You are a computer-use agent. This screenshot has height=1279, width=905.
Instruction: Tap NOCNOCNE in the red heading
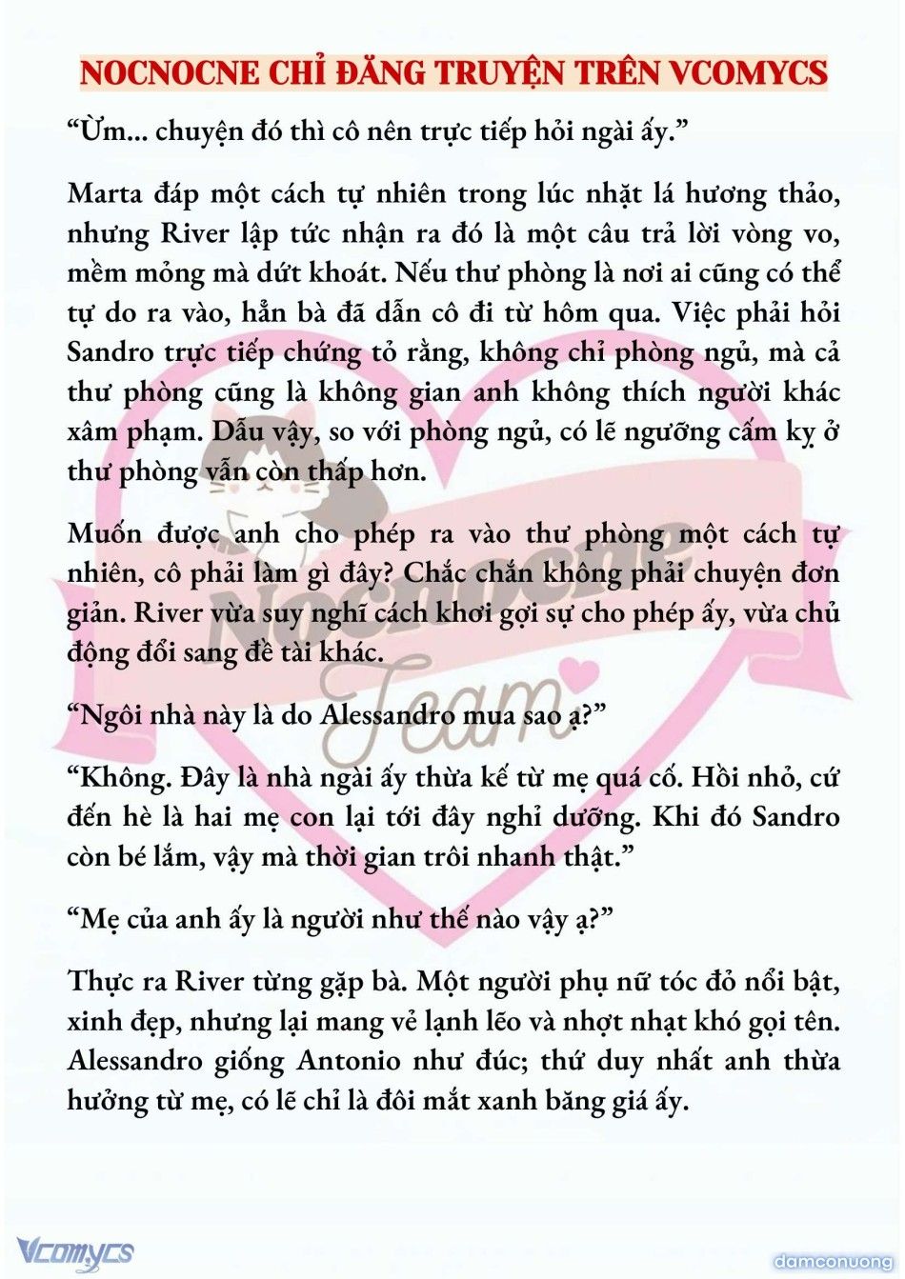pyautogui.click(x=169, y=72)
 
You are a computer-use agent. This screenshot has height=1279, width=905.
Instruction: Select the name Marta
pyautogui.click(x=104, y=193)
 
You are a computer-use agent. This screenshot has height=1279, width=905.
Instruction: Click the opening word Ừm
pyautogui.click(x=103, y=130)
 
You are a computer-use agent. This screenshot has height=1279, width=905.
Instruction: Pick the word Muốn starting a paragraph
pyautogui.click(x=104, y=533)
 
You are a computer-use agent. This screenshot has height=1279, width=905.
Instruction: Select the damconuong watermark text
pyautogui.click(x=832, y=1262)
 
